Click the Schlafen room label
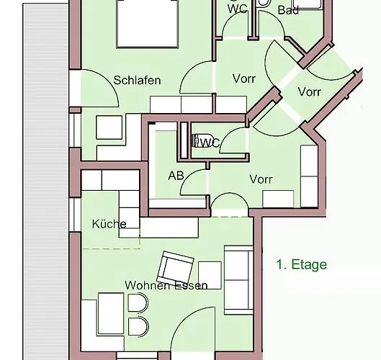pos(137,80)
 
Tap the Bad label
pos(287,11)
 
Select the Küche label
pos(109,223)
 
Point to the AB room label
pos(176,175)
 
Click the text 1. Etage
pos(302,264)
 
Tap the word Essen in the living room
pos(191,285)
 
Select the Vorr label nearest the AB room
pos(261,179)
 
